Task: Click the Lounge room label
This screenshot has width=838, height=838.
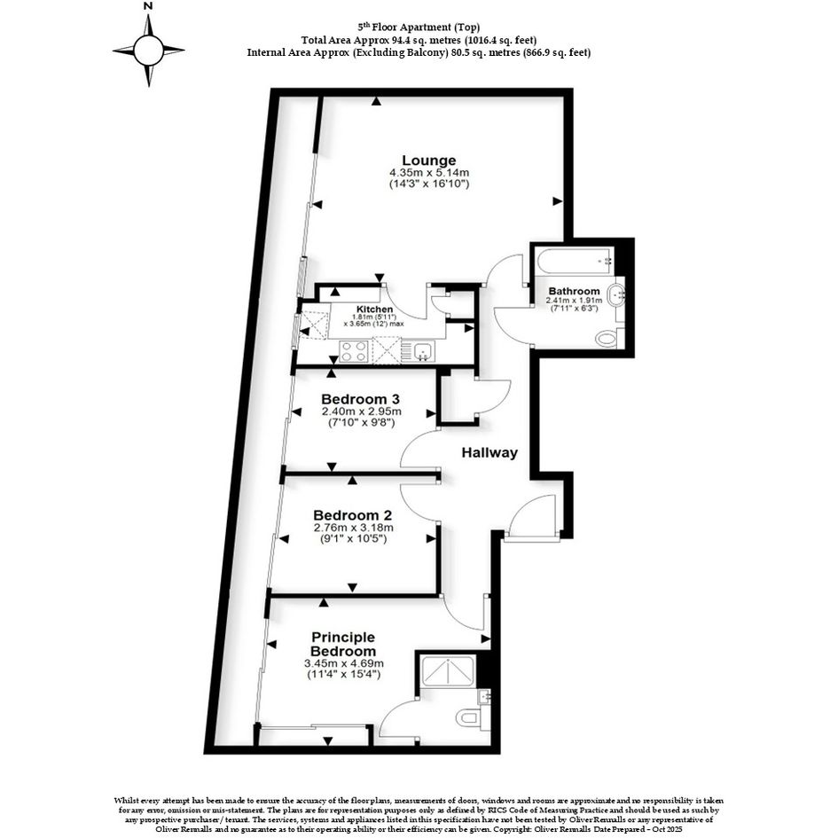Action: tap(428, 161)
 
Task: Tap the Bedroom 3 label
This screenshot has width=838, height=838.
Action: tap(361, 399)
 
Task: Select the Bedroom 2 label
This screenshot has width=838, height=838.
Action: tap(353, 515)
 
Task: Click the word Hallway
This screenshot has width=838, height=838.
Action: tap(489, 452)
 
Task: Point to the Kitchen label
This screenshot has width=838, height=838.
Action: tap(374, 309)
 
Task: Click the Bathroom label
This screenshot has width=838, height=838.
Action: tap(574, 291)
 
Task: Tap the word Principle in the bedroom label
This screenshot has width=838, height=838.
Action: tap(343, 637)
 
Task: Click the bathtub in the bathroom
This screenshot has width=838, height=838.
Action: tap(576, 262)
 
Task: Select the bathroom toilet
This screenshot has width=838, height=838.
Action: tap(608, 338)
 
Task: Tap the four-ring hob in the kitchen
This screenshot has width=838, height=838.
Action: tap(353, 352)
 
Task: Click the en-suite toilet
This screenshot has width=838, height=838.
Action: tap(469, 717)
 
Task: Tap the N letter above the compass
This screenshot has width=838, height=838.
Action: tap(149, 6)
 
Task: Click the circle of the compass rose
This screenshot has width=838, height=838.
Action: tap(149, 51)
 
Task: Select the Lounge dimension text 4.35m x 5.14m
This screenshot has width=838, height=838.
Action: tap(429, 173)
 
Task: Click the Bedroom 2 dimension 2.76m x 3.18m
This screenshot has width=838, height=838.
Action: tap(353, 528)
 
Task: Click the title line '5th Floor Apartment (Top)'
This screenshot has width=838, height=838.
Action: tap(419, 27)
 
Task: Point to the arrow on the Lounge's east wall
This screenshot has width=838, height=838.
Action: tap(558, 201)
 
